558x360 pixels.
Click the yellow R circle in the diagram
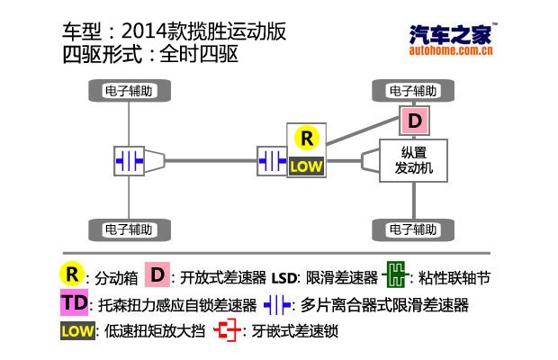[307, 138]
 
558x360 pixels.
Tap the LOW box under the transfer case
[306, 166]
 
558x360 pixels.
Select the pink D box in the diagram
[415, 121]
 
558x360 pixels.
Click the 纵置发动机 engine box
[414, 161]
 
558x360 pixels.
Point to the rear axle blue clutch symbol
[129, 160]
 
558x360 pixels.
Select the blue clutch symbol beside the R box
[272, 160]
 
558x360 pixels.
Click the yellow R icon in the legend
[71, 274]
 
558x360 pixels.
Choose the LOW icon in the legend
[77, 330]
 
